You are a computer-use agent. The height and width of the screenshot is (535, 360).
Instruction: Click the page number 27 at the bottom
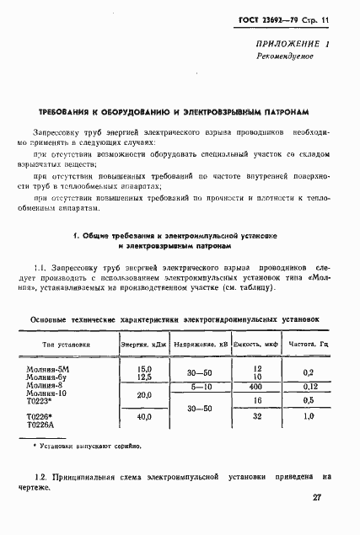pos(317,498)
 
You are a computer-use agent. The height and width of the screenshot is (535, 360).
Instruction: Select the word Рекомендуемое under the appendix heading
pos(286,56)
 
